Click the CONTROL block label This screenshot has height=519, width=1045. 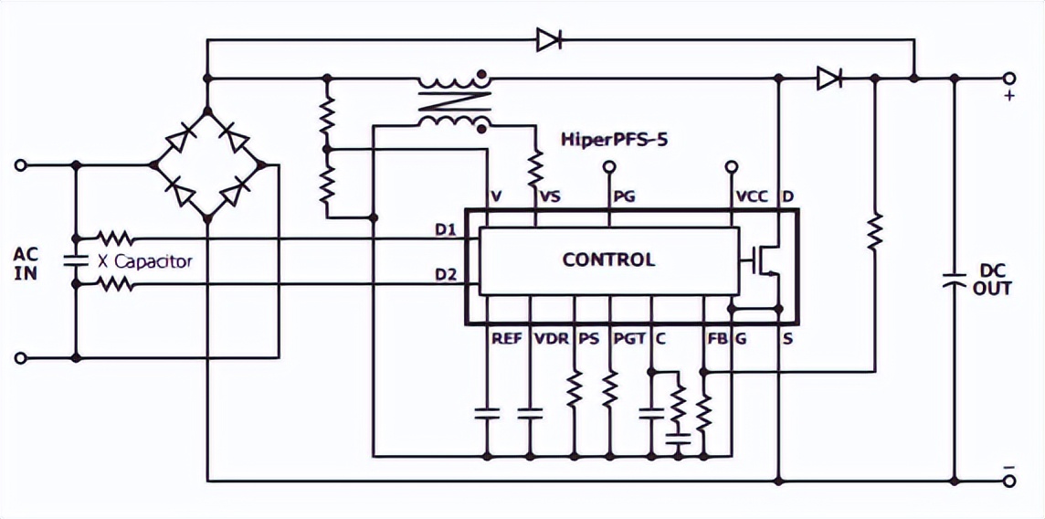pos(608,259)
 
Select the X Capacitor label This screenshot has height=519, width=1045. pos(146,261)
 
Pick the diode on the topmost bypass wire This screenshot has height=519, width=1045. pos(549,39)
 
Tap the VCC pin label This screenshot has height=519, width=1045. pos(750,196)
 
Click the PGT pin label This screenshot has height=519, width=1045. pos(629,339)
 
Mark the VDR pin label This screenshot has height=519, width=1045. pos(551,339)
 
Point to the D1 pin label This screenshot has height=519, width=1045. pos(446,228)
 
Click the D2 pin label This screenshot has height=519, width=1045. pos(446,274)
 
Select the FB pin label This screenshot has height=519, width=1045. pos(717,339)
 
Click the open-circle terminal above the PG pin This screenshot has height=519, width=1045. pos(609,166)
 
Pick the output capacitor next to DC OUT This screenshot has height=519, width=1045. pos(955,278)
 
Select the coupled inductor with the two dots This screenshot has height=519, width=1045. pos(454,100)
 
